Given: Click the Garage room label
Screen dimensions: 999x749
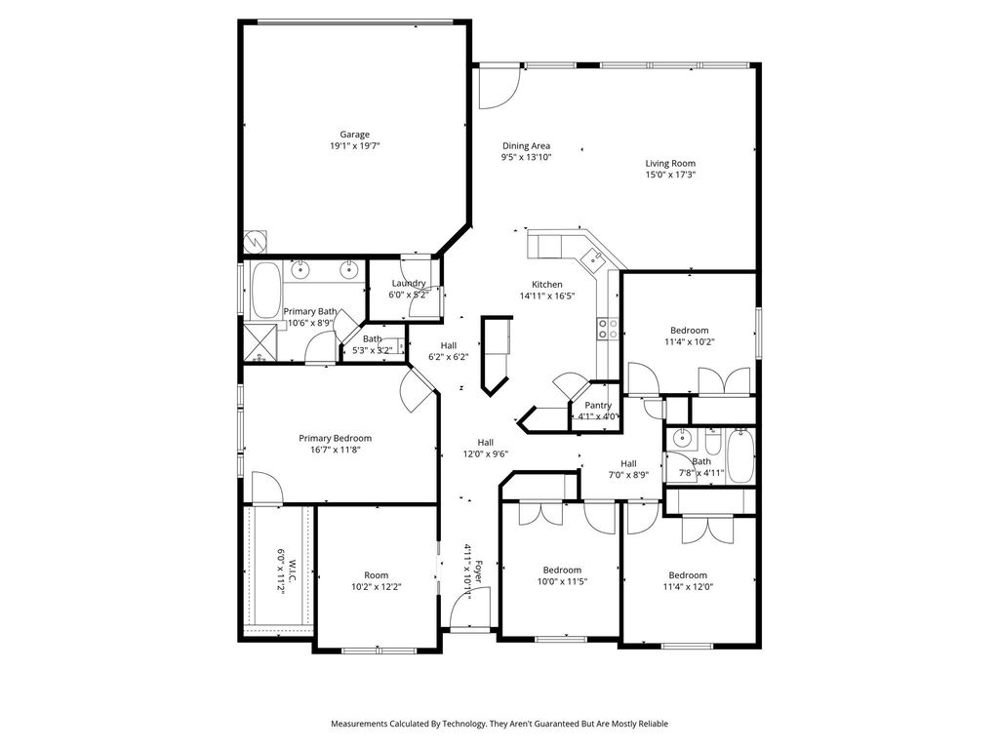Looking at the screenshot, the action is click(354, 135).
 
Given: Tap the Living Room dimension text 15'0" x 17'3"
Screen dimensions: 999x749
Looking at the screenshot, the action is click(670, 174).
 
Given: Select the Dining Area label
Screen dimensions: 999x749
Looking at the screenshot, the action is click(526, 146).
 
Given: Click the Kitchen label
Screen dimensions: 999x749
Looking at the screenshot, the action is click(547, 285).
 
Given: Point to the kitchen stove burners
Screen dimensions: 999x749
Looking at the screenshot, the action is click(607, 329).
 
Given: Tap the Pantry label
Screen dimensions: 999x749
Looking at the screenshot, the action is click(598, 405).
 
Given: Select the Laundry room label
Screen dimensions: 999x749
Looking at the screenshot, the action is click(409, 284).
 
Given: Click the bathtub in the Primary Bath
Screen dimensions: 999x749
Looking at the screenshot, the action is click(267, 291).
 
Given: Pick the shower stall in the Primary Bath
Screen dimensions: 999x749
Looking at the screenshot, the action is click(260, 343).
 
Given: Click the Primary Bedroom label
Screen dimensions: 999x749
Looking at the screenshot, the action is click(336, 438).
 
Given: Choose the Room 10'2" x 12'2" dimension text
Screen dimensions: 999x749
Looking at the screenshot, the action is click(377, 587).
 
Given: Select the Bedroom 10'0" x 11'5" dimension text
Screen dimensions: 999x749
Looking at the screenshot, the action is click(562, 581).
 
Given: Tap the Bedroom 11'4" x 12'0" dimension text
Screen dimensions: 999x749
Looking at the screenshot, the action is click(688, 586).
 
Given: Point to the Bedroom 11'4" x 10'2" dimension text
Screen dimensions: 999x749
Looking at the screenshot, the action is click(690, 342).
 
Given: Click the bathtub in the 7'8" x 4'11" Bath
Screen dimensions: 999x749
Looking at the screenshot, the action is click(740, 456).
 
